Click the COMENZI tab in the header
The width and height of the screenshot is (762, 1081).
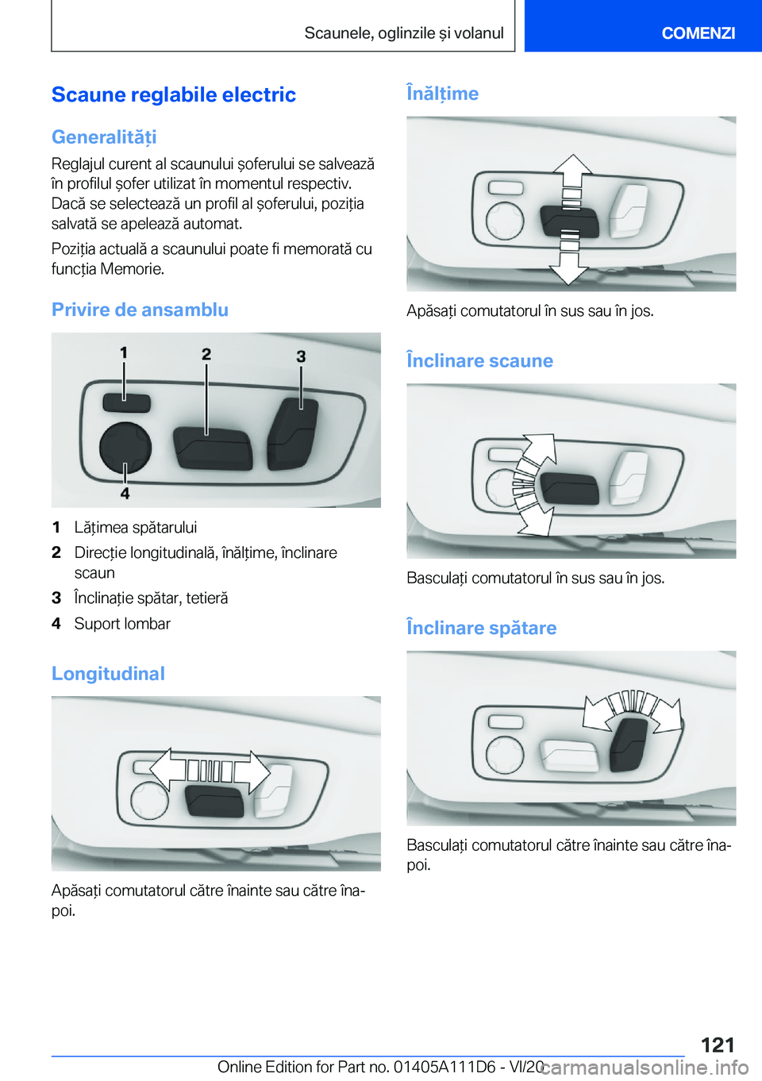(x=698, y=33)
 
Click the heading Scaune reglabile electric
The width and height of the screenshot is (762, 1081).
(x=174, y=94)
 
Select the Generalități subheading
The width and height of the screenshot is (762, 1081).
(x=104, y=137)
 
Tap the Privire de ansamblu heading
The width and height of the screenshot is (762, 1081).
(x=140, y=310)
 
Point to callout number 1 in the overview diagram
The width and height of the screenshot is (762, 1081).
(x=124, y=352)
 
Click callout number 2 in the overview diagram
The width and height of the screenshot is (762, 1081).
(x=206, y=354)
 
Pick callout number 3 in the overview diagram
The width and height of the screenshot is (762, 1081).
(x=301, y=356)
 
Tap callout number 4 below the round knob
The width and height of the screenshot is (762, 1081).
(x=125, y=493)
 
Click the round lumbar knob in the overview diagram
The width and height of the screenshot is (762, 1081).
(x=125, y=448)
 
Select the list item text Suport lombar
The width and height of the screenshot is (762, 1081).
(x=122, y=624)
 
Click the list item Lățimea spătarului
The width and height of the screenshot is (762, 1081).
(x=136, y=528)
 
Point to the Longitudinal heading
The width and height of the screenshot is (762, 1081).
(x=108, y=674)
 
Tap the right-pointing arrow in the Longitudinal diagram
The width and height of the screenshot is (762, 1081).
(x=257, y=771)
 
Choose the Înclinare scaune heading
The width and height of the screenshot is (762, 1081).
(x=479, y=361)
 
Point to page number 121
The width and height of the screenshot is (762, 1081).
(x=718, y=1044)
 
